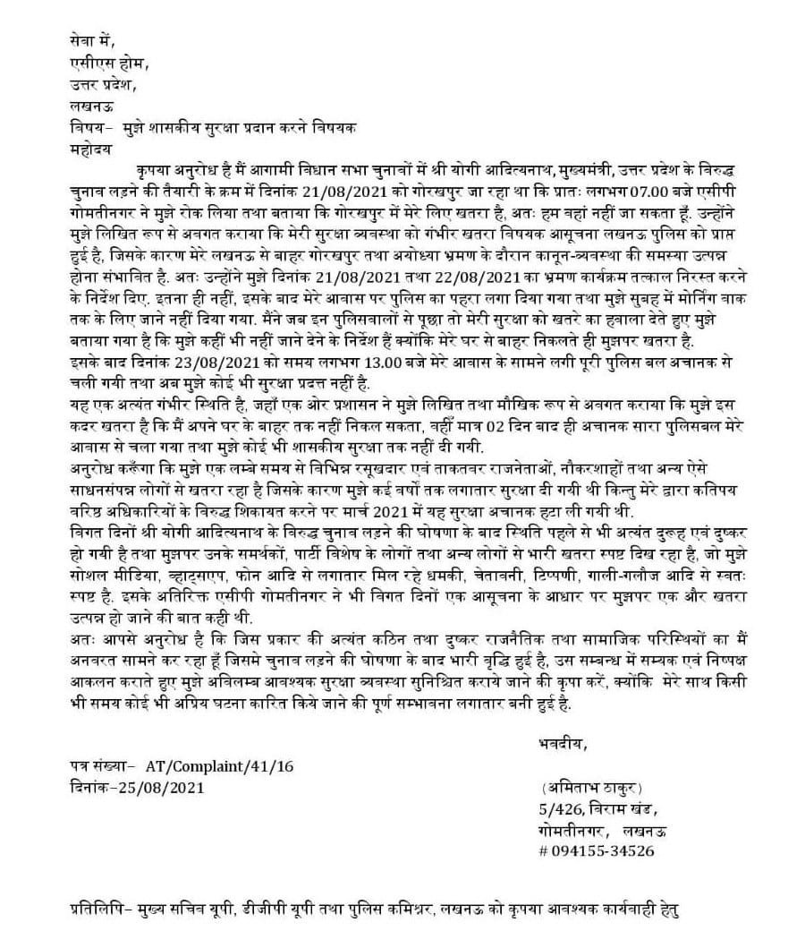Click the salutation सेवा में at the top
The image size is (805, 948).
pyautogui.click(x=91, y=40)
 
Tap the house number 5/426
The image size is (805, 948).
pyautogui.click(x=549, y=809)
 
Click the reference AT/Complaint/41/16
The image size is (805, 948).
pyautogui.click(x=217, y=766)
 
